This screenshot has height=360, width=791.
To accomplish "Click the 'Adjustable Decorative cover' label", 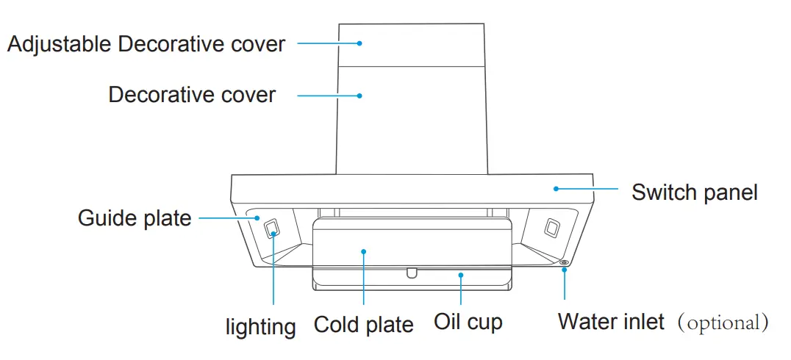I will pos(146,44).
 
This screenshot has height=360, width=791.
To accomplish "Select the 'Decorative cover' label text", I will pos(192,95).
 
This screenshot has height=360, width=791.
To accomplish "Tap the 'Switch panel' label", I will pos(694,192).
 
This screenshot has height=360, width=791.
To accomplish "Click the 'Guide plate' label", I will pos(134,218).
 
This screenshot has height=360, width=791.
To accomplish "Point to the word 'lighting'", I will pos(260,327).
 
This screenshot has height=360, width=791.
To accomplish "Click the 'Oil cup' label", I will pos(468,323).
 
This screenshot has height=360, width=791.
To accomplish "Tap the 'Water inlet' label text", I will pos(610,322).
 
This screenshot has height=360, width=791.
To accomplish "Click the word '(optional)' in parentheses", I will pos(723,323).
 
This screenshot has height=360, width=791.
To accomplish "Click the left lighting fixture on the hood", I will pos(272,228).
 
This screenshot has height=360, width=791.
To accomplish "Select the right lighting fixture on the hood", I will pos(549,228).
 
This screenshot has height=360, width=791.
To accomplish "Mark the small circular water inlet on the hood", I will pos(564,262).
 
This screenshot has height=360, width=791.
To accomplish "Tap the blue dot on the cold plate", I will pos(364,251).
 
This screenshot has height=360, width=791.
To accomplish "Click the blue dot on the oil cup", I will pos(461,276).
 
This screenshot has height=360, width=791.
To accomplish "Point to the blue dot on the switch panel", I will pos(556,189).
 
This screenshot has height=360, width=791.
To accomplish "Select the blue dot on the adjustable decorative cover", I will pos(359,43).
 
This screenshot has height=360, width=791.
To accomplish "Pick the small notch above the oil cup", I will pos(412,273).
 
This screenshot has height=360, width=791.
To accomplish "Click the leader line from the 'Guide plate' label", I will pos(224,217).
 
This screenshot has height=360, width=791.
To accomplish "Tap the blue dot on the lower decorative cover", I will pos(359,95).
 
